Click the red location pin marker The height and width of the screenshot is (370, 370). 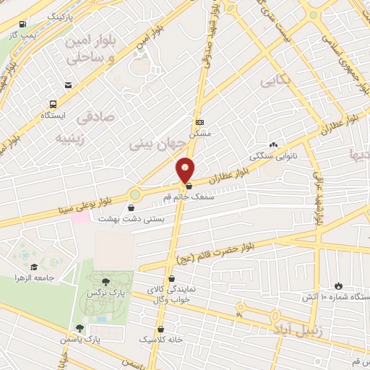point(186,170)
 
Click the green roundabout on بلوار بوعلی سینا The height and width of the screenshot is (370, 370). point(134,194)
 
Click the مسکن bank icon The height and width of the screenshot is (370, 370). point(199,122)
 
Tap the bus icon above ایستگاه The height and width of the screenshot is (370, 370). point(53,103)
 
